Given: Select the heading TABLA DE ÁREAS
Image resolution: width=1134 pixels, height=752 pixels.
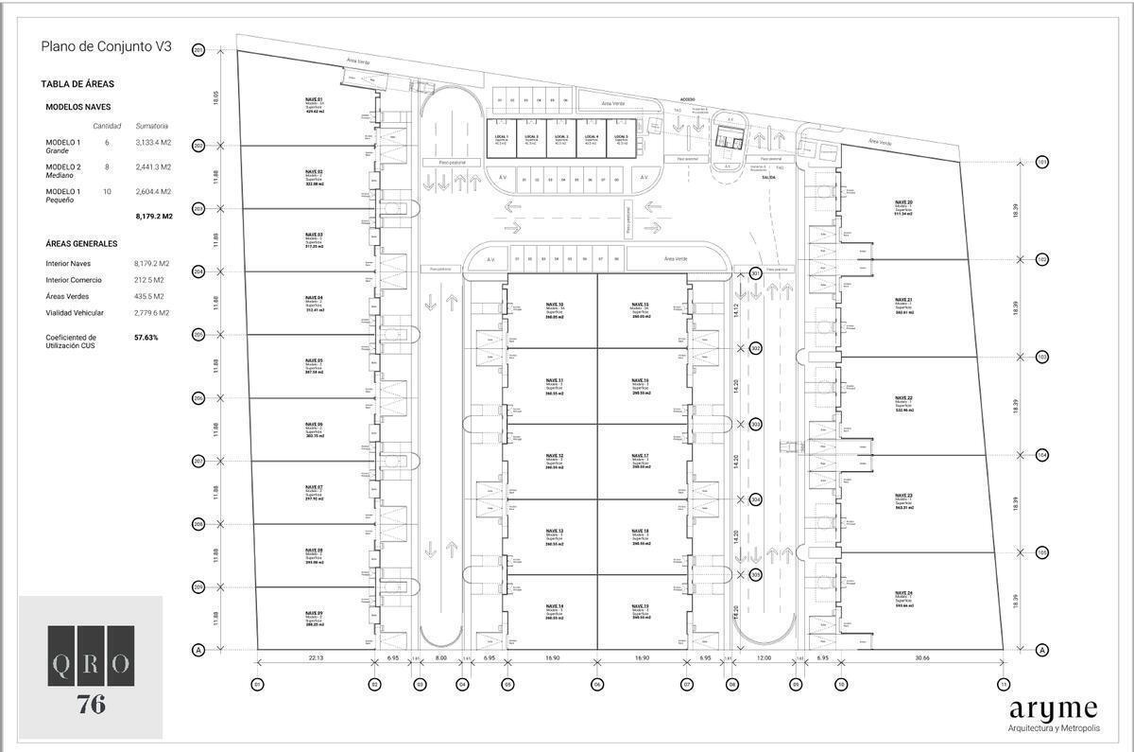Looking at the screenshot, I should point(77,84).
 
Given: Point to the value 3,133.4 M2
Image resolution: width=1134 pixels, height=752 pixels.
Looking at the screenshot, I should point(153,142).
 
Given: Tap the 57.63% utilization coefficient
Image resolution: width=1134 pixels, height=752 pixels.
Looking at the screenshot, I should point(146,338).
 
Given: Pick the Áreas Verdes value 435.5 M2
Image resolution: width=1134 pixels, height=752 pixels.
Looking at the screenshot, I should point(151,296).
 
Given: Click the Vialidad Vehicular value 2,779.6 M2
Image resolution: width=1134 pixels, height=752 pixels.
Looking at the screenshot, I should point(152,312).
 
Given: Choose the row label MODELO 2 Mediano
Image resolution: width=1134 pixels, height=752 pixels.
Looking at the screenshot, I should point(62,170).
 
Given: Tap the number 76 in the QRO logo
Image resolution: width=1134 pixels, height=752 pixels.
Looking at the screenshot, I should point(91,705).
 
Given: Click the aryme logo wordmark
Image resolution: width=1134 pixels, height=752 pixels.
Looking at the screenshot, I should point(1053,709).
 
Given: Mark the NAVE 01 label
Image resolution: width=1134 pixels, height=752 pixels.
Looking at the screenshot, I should point(314,98).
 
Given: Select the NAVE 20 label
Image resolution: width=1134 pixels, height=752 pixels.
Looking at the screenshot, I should point(903,201).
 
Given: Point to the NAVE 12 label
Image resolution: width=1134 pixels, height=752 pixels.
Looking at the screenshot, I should point(555,456).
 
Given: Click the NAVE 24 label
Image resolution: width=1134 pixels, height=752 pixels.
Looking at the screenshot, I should point(903,593).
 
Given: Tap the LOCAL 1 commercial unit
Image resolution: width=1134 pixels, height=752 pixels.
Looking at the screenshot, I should point(502,138).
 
